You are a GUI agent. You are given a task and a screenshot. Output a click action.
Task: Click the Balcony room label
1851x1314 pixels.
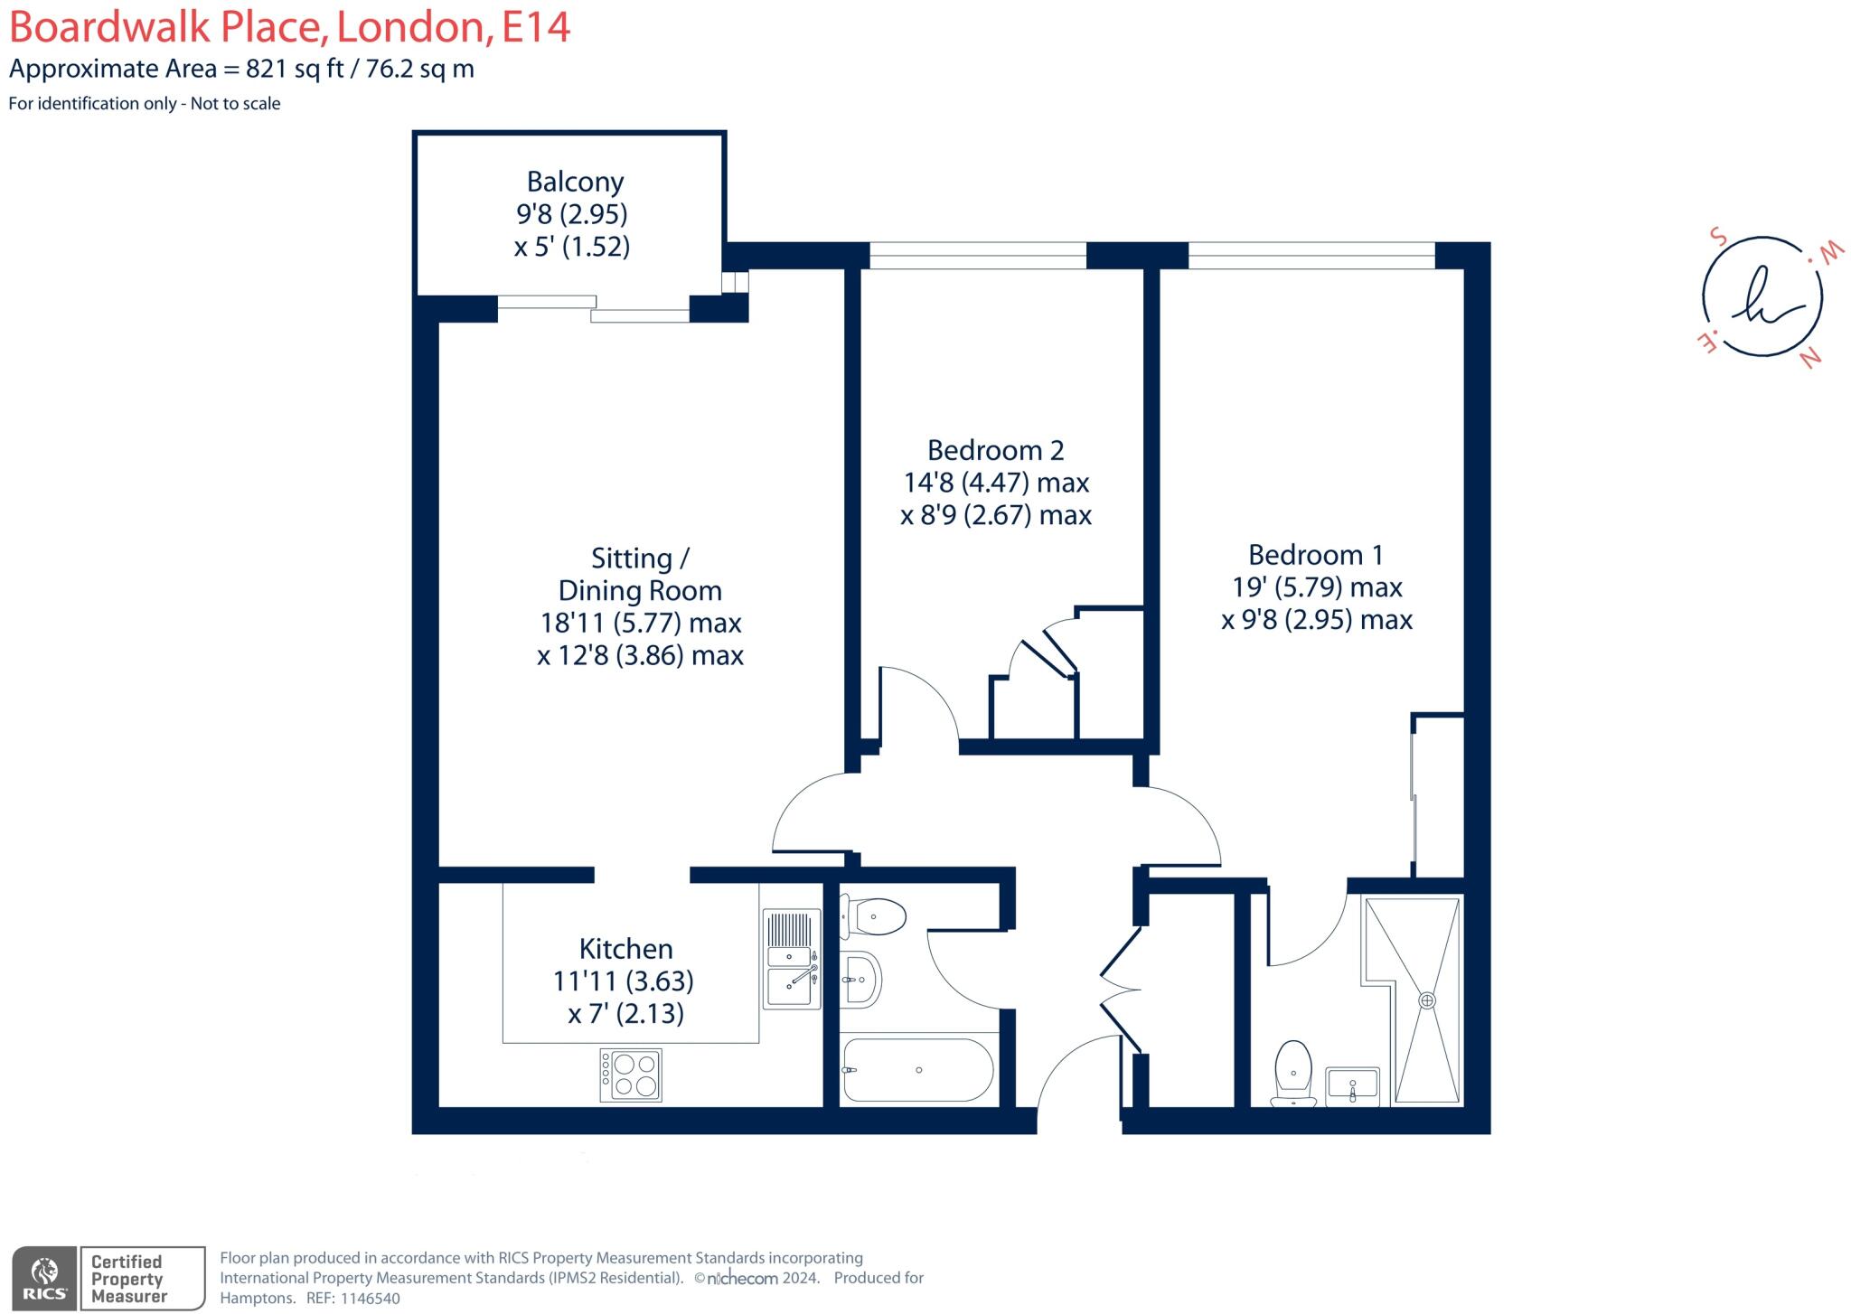coord(575,182)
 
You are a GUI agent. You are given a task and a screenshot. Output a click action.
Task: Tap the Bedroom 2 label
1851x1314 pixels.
coord(995,450)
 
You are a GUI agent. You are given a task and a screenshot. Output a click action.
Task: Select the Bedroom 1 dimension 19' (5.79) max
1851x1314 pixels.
coord(1317,587)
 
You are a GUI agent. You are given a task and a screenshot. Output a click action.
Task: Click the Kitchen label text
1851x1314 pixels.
coord(625,949)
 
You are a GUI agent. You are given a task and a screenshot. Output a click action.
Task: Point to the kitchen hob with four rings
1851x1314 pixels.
coord(631,1075)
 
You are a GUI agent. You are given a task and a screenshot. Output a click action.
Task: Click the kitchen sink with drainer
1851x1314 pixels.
coord(792,960)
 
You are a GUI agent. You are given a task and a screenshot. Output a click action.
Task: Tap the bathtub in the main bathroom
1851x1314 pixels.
coord(918,1070)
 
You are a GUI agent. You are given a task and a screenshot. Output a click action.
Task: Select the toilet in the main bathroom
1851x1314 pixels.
coord(874,917)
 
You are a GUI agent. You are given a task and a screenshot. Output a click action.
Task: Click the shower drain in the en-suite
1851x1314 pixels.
coord(1426,1000)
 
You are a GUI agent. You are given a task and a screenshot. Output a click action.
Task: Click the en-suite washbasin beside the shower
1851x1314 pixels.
coord(1352,1084)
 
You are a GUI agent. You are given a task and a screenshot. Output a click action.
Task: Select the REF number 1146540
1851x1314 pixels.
coord(370,1299)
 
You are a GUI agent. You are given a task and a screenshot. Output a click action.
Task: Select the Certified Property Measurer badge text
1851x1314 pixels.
coord(127,1279)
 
